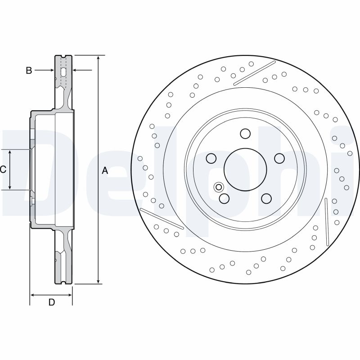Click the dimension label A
(105, 171)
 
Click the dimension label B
(29, 71)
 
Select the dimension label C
(3, 170)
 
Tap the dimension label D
(51, 302)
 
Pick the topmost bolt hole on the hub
(245, 134)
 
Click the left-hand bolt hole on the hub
(211, 158)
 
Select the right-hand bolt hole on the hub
(279, 158)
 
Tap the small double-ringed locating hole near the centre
(219, 187)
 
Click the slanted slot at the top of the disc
(254, 73)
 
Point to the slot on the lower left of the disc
(162, 219)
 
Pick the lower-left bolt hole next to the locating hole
(224, 198)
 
